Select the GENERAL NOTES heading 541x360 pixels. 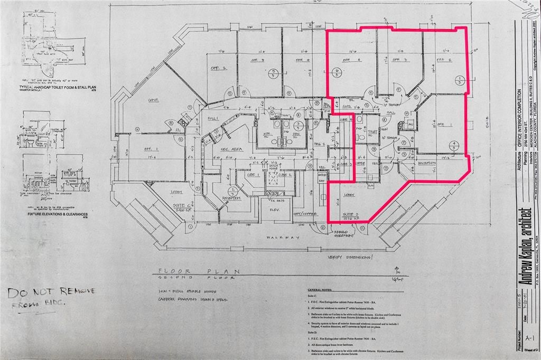pos(323,290)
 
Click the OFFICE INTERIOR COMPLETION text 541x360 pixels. pos(520,121)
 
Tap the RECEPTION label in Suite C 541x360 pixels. pos(230,198)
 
